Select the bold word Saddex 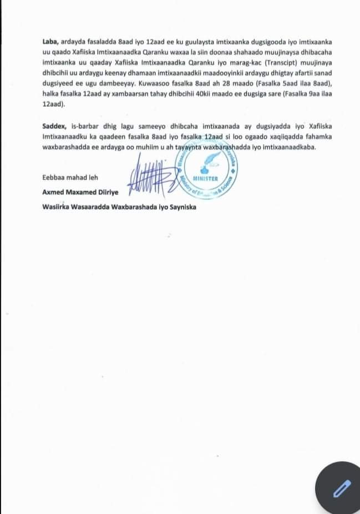[x=54, y=127]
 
